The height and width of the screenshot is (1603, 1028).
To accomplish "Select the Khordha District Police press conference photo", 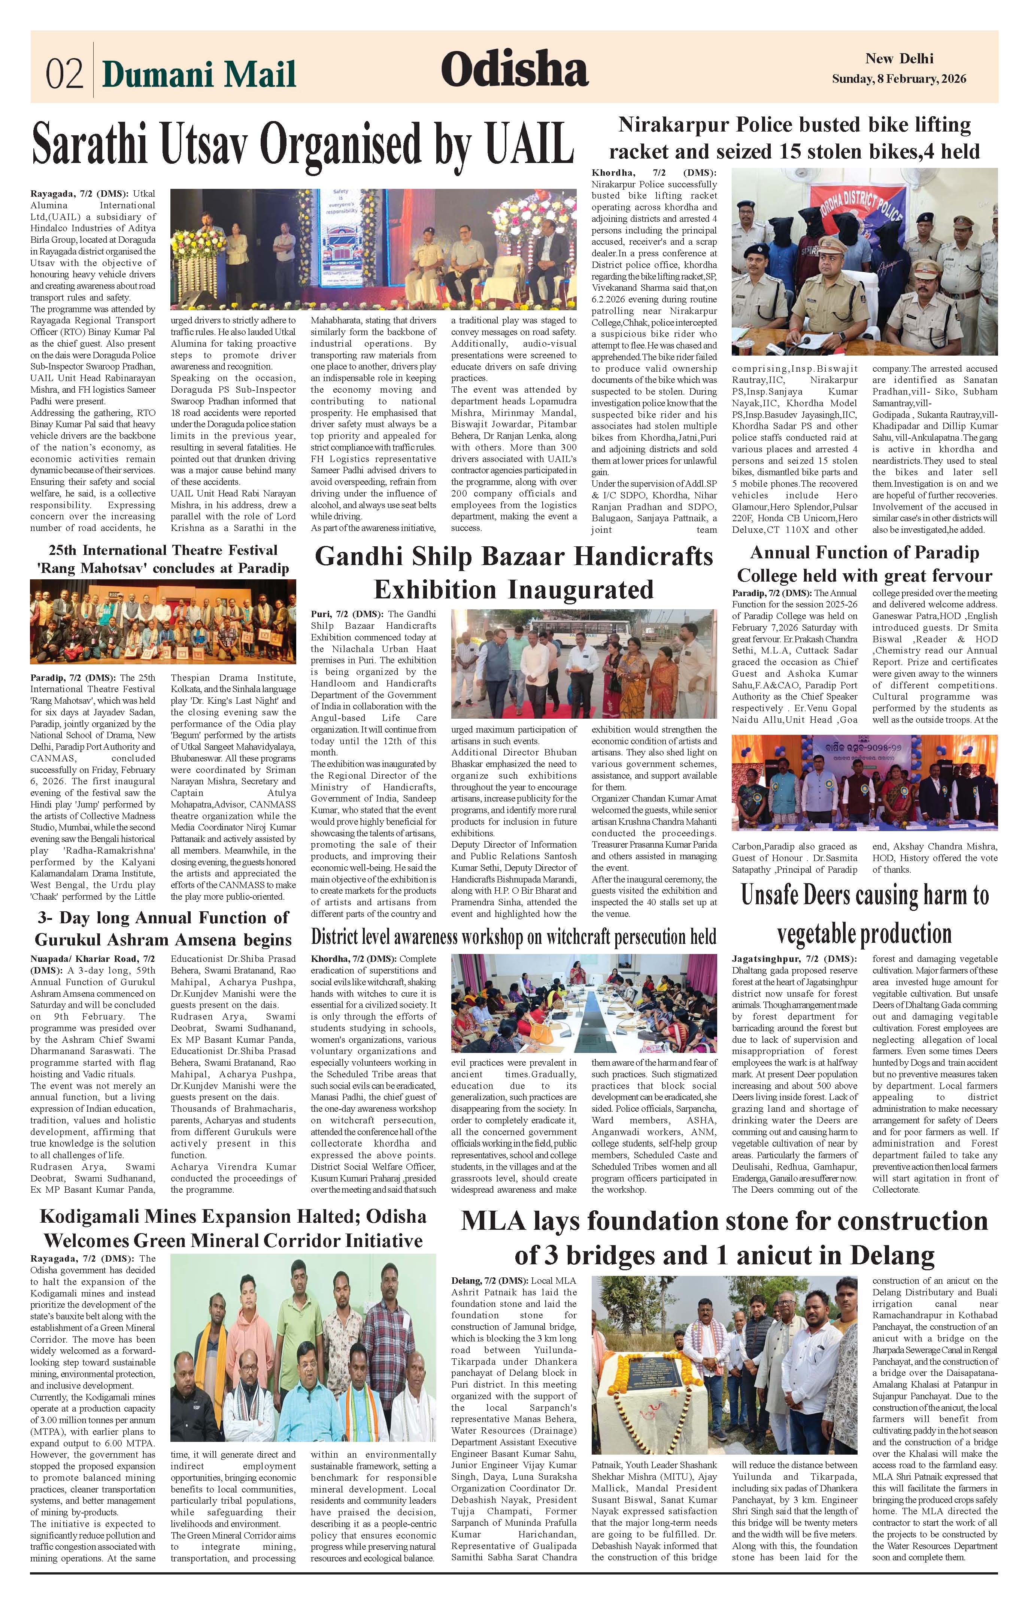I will [x=864, y=261].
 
